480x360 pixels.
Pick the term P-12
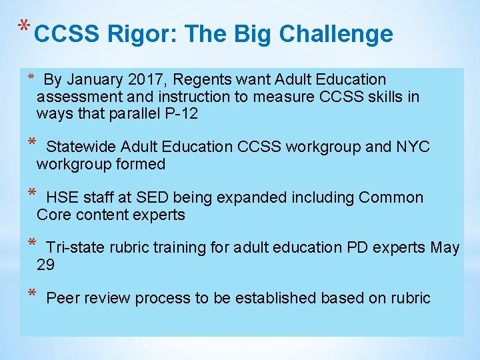(x=181, y=113)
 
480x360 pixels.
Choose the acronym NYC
(x=414, y=147)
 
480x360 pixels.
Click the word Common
(x=391, y=197)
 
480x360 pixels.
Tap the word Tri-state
(x=75, y=248)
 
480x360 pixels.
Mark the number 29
(x=46, y=265)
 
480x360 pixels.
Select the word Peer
(x=62, y=298)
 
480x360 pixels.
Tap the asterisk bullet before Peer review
(x=31, y=295)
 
